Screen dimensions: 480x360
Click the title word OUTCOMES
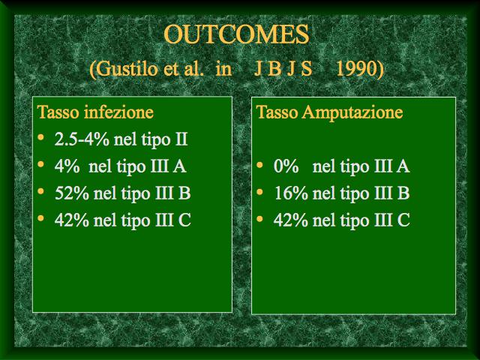pos(236,34)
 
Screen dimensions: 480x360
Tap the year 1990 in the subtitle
pos(356,68)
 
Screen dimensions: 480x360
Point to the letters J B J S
pos(283,68)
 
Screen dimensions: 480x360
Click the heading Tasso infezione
pos(95,112)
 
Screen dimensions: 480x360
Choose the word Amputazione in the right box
pos(352,112)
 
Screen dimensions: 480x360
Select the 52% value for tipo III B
pos(72,193)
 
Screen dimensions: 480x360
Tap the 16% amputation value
pos(291,193)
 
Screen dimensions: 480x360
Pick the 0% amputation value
pos(286,166)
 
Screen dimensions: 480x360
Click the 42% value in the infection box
pos(72,220)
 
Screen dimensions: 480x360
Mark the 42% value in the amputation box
pos(291,220)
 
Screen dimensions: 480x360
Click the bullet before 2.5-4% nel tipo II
pos(40,137)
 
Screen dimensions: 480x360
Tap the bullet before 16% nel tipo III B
pos(260,192)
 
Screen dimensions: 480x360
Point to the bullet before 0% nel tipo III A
pos(260,165)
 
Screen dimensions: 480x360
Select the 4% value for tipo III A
pos(67,166)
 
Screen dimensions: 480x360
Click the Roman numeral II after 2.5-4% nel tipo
pos(181,139)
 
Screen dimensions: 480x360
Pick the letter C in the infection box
pos(185,220)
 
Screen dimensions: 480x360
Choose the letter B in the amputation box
pos(403,193)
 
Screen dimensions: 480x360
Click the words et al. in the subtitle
pos(183,68)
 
